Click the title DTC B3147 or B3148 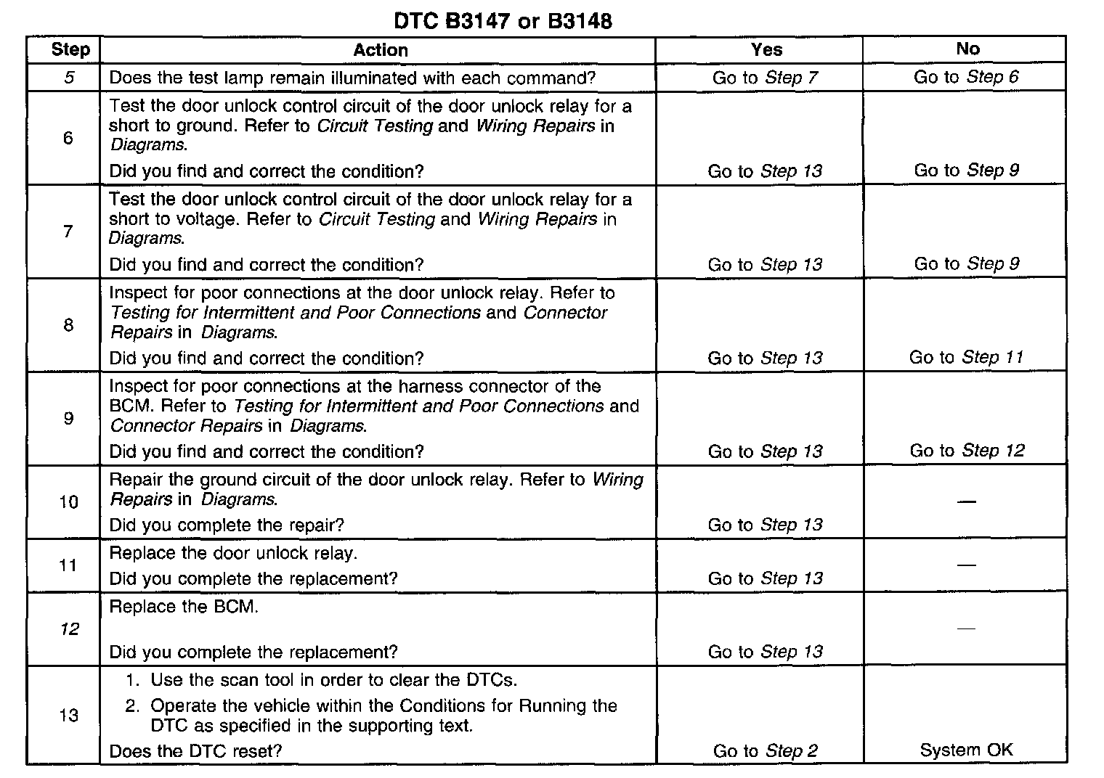coord(503,20)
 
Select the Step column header coord(70,49)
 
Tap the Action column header coord(380,50)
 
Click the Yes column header coord(766,49)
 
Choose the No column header coord(967,49)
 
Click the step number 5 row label coord(69,77)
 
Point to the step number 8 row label coord(68,324)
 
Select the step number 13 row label coord(68,716)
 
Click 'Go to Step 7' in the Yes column coord(765,78)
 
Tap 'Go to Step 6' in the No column coord(966,77)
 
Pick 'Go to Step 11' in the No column coord(966,357)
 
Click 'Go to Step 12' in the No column coord(967,451)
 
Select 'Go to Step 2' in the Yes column coord(765,751)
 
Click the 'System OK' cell coord(966,750)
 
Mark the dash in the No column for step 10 coord(966,502)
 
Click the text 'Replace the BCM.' coord(184,607)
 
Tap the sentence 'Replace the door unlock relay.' coord(233,554)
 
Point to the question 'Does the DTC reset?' coord(195,751)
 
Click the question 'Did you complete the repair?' coord(227,525)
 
